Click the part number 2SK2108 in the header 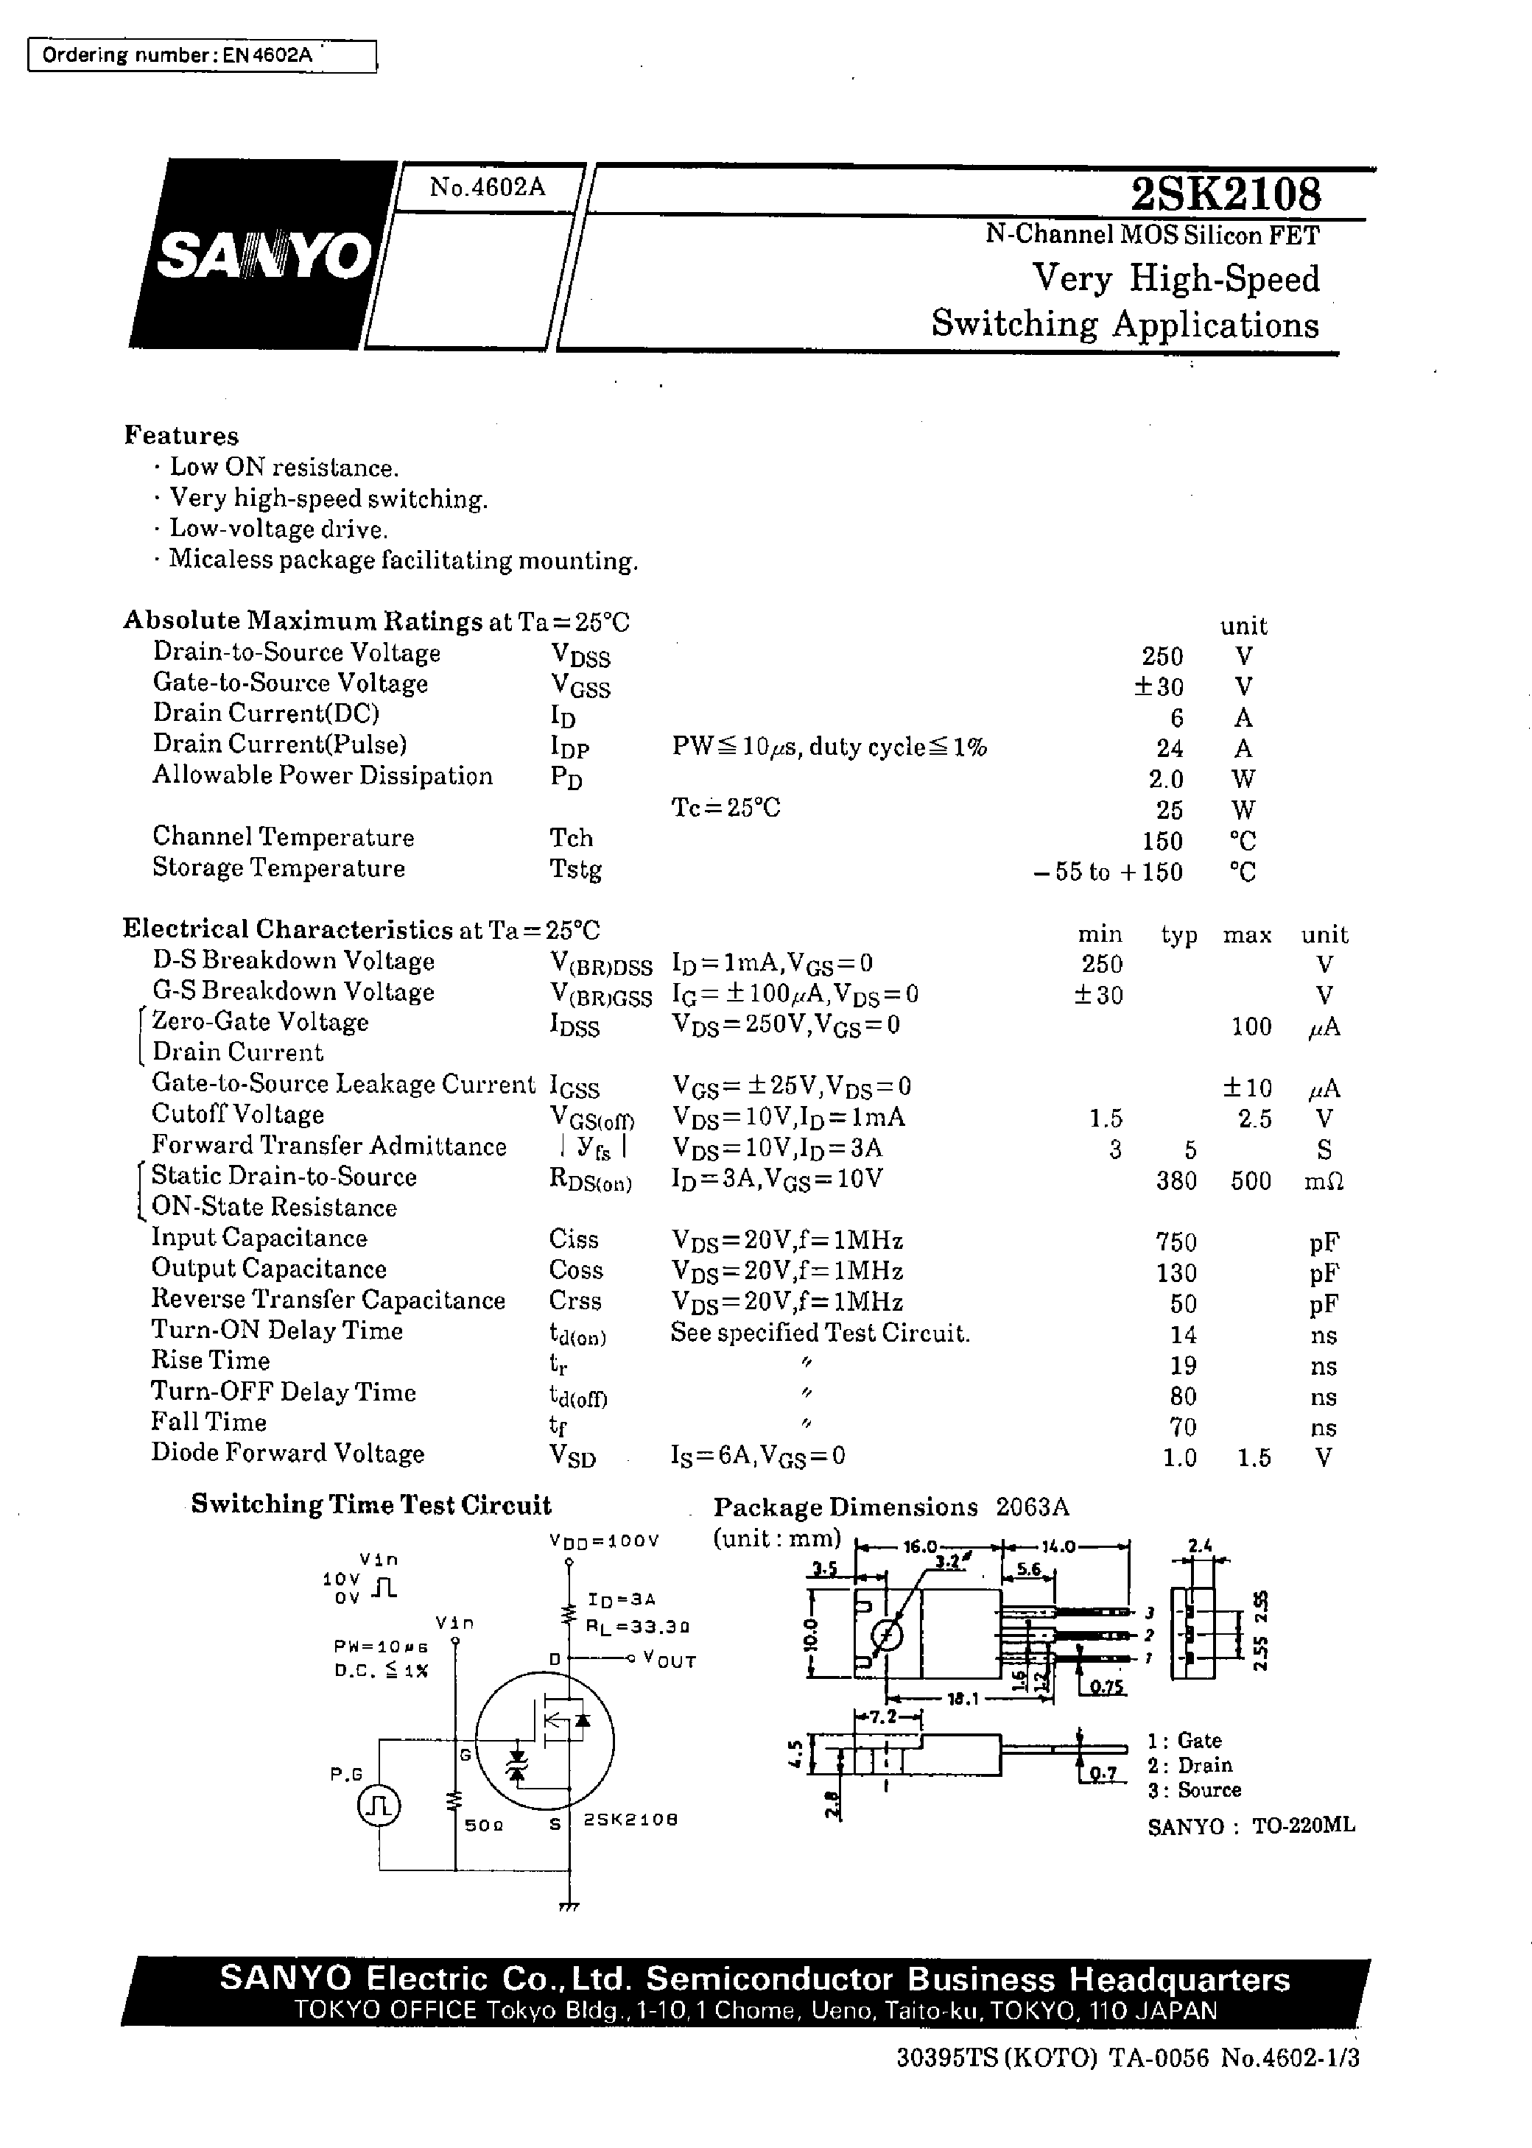tap(1226, 195)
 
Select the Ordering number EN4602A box tap(202, 56)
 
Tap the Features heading tap(181, 436)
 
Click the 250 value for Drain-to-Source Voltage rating tap(1162, 656)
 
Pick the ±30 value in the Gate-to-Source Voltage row tap(1158, 686)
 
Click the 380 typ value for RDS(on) tap(1176, 1180)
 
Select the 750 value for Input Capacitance tap(1176, 1242)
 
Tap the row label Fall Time tap(208, 1423)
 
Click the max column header tap(1247, 935)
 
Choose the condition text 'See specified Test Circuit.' tap(820, 1334)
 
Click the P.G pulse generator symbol tap(379, 1805)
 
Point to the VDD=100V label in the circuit tap(604, 1540)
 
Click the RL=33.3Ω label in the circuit tap(639, 1627)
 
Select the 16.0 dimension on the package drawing tap(920, 1547)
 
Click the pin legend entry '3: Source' tap(1194, 1789)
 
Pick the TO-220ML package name tap(1303, 1825)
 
